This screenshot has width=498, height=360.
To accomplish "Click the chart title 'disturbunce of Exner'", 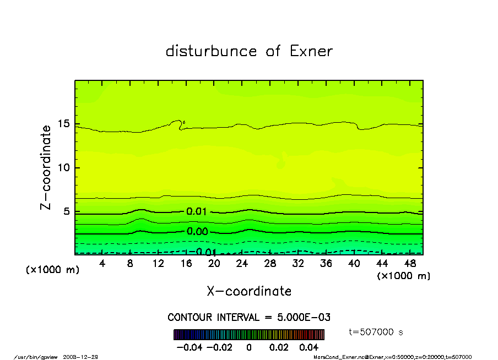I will click(249, 51).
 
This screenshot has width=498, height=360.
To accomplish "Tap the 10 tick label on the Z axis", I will click(63, 167).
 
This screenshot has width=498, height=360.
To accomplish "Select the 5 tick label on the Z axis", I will click(66, 211).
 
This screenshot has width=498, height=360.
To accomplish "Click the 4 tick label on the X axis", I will click(102, 264).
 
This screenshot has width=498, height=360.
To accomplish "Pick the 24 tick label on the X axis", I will click(242, 264).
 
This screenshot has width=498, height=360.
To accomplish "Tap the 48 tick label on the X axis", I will click(410, 264).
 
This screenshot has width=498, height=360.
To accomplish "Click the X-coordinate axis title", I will click(249, 291).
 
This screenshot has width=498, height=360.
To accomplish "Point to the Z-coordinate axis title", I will click(46, 167).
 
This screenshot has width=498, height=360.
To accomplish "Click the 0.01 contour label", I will click(197, 211).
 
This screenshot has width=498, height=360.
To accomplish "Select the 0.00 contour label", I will click(197, 232).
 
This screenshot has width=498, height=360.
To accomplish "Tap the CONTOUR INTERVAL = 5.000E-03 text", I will click(249, 318).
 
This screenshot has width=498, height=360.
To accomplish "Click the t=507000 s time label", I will click(377, 332).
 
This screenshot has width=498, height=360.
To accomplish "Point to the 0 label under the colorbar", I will click(249, 348).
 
